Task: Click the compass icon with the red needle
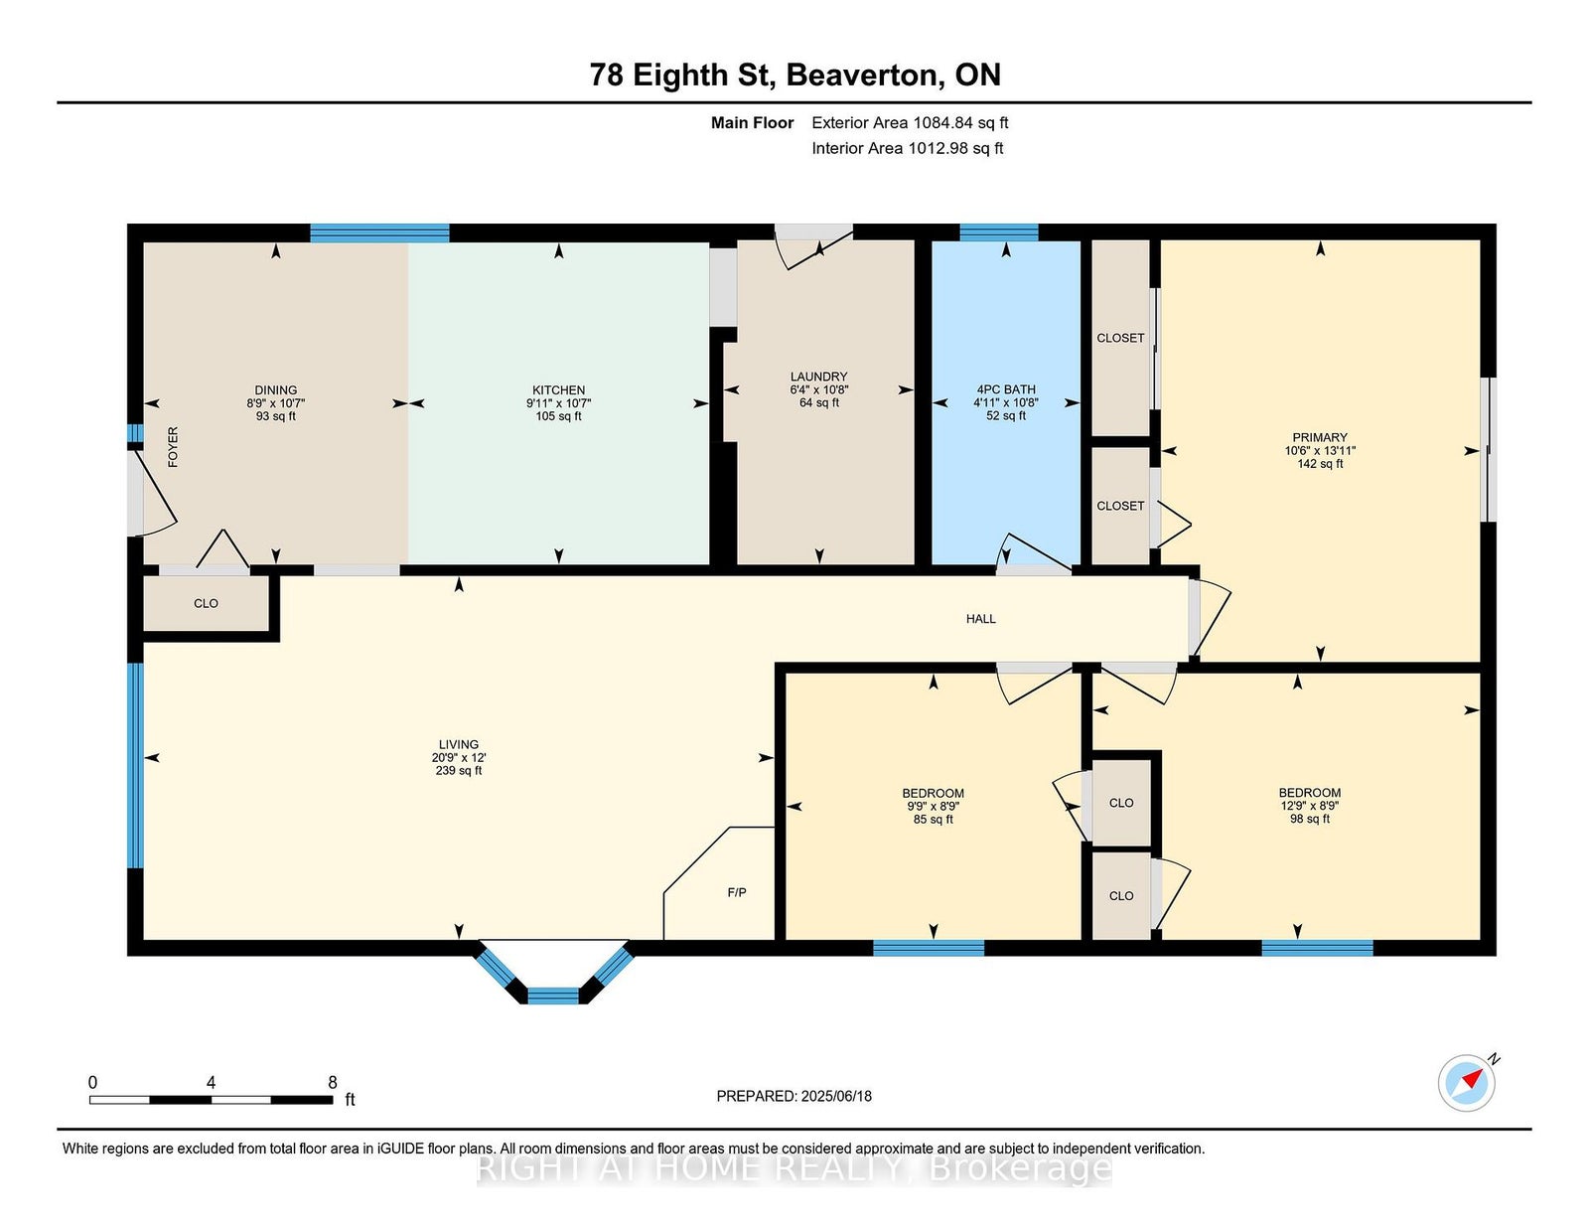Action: point(1466,1083)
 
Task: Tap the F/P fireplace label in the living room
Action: point(736,892)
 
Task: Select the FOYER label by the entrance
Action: point(173,446)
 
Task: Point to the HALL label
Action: point(980,619)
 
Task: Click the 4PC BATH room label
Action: point(1006,389)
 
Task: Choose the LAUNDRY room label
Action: point(819,377)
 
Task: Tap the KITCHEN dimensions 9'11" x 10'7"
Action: point(559,403)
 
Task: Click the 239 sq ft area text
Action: point(459,770)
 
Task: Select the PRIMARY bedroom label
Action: point(1320,437)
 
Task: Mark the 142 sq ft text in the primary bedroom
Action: point(1320,464)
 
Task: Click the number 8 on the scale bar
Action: point(332,1083)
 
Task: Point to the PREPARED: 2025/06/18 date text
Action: point(794,1096)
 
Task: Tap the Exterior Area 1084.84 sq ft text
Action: point(910,123)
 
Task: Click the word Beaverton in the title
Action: point(864,75)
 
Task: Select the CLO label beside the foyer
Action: point(206,603)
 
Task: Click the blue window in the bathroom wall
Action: point(999,232)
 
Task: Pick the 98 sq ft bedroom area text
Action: point(1310,819)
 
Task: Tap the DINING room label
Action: point(276,389)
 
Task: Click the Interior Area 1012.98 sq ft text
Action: point(908,148)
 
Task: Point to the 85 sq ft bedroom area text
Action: point(934,820)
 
